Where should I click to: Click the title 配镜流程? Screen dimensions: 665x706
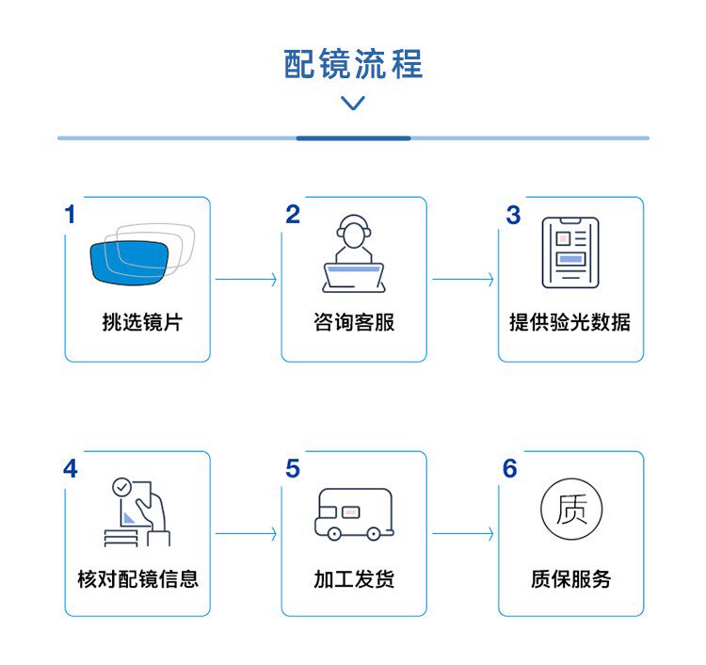[353, 63]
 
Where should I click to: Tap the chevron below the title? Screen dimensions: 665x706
[353, 103]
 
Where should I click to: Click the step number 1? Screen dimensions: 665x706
[70, 215]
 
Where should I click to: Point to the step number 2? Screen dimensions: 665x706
[293, 215]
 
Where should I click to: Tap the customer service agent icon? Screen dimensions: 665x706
[353, 253]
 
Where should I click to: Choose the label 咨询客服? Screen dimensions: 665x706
[353, 322]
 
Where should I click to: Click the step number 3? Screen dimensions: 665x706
[512, 216]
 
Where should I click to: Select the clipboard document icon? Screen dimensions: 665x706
[570, 253]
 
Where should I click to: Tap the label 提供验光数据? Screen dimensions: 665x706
[570, 322]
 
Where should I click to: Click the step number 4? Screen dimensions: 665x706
[71, 469]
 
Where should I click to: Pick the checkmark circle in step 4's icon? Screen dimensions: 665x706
[120, 487]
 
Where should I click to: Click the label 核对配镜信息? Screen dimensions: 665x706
[137, 577]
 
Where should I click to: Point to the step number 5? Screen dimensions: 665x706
[293, 469]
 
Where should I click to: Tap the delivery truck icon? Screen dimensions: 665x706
[353, 513]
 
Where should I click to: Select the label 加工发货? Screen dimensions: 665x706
[353, 577]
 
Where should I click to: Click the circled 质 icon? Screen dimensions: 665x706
[570, 510]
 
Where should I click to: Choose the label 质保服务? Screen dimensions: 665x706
[570, 577]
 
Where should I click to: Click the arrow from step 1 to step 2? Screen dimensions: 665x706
[246, 280]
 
